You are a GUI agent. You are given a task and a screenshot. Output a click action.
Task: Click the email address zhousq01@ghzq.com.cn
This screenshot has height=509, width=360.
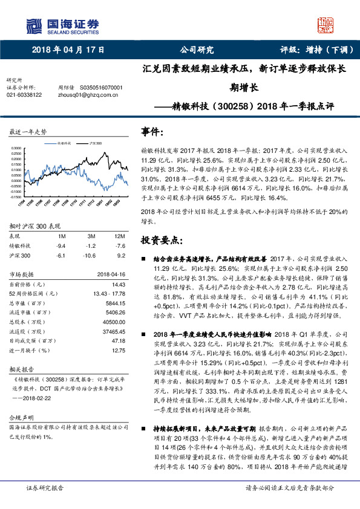coord(88,95)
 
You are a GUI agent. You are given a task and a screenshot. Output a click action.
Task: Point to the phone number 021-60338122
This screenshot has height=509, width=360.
coord(24,95)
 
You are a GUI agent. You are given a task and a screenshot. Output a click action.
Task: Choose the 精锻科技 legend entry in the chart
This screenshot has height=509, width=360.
coord(64,143)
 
